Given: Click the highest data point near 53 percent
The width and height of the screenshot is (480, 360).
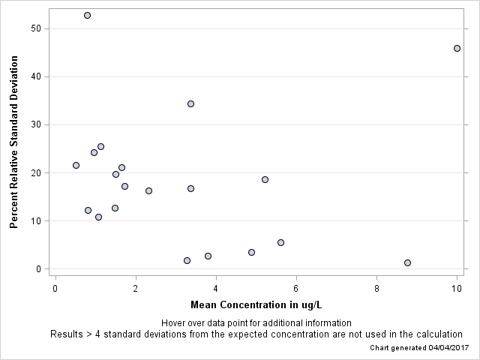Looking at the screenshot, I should [x=87, y=15].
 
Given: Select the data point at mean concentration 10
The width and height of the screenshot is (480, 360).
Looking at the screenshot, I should [x=457, y=48].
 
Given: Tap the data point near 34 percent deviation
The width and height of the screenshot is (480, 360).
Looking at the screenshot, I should [x=190, y=103].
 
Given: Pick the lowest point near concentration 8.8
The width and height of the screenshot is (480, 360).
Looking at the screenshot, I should [x=407, y=262].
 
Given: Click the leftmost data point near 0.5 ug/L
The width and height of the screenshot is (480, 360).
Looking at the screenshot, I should [x=76, y=165].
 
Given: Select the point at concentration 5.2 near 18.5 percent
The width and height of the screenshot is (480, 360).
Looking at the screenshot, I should [x=265, y=179].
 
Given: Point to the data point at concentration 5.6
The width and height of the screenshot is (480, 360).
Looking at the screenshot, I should [x=280, y=242].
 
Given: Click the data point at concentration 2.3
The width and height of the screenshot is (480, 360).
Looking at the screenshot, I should [x=148, y=190].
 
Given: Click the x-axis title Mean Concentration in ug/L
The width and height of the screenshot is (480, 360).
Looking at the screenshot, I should [x=256, y=304].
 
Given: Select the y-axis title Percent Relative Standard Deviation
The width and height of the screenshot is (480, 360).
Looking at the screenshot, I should [x=13, y=146].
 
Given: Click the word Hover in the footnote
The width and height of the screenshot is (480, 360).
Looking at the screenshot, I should [x=174, y=322].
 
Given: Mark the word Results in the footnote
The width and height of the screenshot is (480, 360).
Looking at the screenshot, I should [x=67, y=334].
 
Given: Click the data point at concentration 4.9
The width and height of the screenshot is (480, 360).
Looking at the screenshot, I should [x=251, y=252].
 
